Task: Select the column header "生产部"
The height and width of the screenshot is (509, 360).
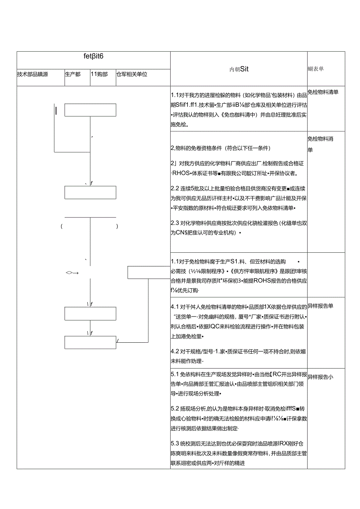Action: click(73, 74)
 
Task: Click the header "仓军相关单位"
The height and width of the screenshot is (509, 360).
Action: click(131, 74)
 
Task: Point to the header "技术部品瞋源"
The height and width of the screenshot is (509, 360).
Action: click(32, 74)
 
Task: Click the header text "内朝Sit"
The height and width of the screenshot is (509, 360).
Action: click(239, 69)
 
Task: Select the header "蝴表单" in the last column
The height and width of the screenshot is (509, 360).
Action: click(316, 69)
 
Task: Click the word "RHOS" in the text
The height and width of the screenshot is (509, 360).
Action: click(180, 174)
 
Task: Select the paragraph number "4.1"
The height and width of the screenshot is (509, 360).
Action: click(175, 306)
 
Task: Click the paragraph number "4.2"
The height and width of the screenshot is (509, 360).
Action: click(175, 351)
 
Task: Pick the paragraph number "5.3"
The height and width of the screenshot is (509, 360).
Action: click(175, 444)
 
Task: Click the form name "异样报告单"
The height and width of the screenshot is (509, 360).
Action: click(320, 306)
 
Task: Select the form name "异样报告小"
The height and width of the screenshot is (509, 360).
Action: click(320, 377)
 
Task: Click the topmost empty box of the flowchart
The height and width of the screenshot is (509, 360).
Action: click(90, 110)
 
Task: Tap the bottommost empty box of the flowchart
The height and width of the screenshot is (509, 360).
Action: click(90, 342)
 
